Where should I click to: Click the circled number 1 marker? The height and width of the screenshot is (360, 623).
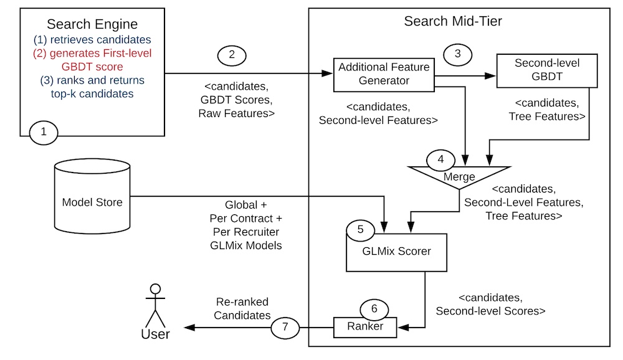(x=44, y=132)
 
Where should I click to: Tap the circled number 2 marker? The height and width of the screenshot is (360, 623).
(x=232, y=55)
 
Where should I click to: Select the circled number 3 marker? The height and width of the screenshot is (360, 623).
(x=458, y=54)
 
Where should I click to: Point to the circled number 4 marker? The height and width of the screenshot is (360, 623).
(x=440, y=159)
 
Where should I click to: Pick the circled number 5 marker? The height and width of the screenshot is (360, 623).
(x=361, y=229)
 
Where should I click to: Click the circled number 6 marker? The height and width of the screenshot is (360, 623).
(x=374, y=308)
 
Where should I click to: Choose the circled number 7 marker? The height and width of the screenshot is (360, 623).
(x=285, y=326)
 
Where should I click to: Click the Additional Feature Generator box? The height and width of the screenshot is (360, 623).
(x=383, y=75)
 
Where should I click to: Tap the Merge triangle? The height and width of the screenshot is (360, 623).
(x=459, y=177)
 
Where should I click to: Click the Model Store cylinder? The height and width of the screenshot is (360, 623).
(x=92, y=201)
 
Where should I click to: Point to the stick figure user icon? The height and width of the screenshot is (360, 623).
(x=155, y=308)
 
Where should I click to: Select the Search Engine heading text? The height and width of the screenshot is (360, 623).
(x=92, y=25)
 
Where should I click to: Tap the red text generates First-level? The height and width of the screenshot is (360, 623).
(x=92, y=53)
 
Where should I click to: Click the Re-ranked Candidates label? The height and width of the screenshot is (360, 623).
(x=242, y=307)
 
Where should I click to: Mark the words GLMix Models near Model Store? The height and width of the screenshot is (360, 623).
(x=247, y=245)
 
